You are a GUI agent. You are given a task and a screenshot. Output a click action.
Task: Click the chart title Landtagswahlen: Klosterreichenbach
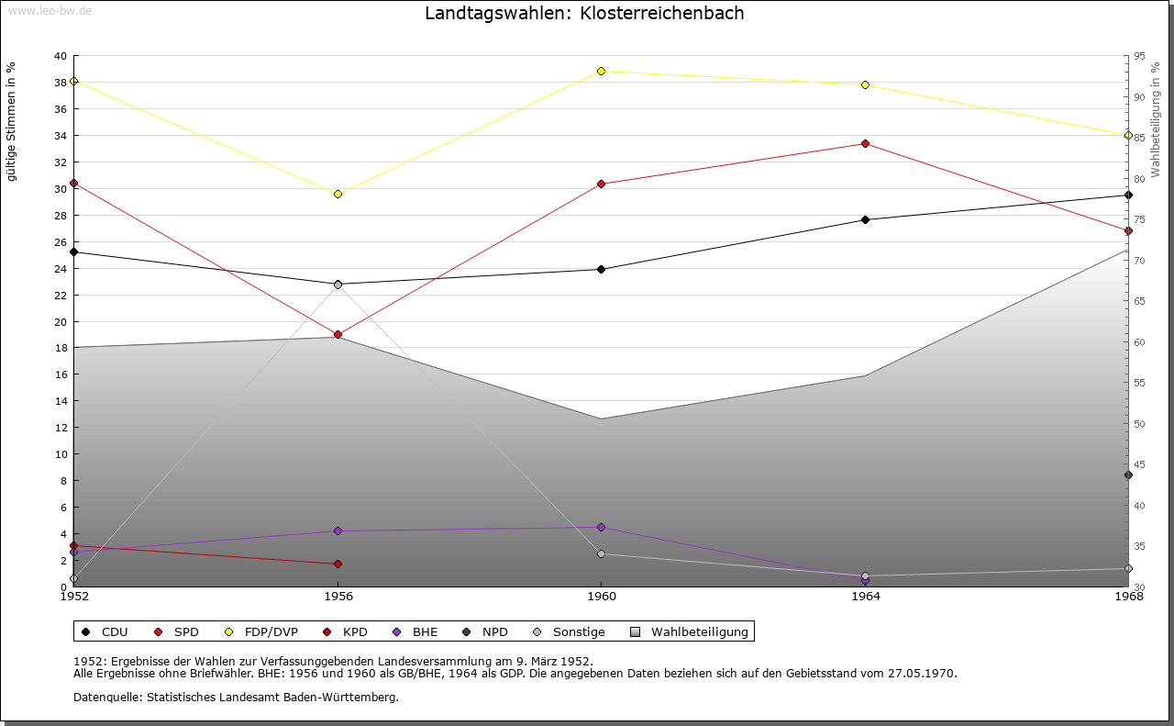[584, 14]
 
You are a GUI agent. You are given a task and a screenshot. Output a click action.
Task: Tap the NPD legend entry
[494, 631]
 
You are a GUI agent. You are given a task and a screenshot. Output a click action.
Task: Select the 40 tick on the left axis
[61, 56]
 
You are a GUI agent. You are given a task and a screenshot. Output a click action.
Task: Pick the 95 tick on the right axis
[1139, 56]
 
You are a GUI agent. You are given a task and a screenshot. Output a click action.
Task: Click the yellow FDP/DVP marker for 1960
[602, 71]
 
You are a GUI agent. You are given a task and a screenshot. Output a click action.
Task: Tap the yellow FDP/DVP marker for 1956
[338, 194]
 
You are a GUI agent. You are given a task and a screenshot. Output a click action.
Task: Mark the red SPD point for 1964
[865, 143]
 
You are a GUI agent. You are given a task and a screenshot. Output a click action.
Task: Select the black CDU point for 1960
[602, 269]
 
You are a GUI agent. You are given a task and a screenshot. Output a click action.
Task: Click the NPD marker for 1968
[1128, 475]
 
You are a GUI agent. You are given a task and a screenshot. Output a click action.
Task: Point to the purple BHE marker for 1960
[602, 527]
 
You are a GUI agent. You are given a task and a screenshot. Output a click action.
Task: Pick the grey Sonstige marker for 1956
[338, 285]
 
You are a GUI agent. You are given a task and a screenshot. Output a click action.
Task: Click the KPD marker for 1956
[338, 564]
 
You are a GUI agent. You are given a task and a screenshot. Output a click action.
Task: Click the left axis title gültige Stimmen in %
[12, 121]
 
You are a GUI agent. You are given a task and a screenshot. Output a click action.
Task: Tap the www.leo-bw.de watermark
[49, 9]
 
